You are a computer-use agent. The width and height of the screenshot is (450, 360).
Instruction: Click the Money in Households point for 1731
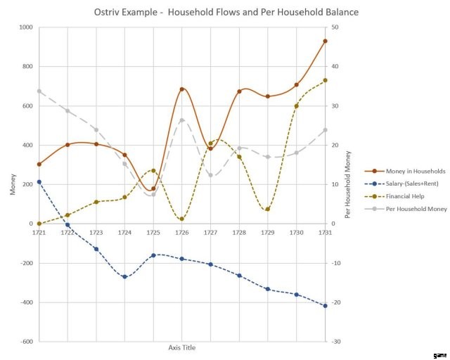(x=325, y=41)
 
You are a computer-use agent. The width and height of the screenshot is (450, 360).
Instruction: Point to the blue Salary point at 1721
(x=39, y=182)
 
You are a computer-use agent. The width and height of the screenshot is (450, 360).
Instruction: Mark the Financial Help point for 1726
(x=182, y=219)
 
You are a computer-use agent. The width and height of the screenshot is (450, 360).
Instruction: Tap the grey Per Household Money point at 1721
(x=39, y=91)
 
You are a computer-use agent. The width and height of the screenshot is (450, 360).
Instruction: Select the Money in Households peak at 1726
(x=182, y=89)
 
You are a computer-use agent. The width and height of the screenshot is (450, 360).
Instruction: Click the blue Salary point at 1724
(x=124, y=276)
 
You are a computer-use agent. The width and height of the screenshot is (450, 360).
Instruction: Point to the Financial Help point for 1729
(x=268, y=210)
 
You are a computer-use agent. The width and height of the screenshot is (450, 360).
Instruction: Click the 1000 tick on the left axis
(x=25, y=27)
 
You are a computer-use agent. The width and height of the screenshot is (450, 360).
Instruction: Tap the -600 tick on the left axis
(x=25, y=342)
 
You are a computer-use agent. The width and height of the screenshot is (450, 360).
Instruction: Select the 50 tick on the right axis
(x=335, y=27)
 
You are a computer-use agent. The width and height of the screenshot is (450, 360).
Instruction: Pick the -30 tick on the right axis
(x=336, y=342)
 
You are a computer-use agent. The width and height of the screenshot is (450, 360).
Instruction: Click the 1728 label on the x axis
(x=239, y=232)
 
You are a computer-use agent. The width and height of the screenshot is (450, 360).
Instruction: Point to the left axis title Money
(x=11, y=184)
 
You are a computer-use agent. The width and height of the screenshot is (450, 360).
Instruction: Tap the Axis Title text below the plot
(x=182, y=348)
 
